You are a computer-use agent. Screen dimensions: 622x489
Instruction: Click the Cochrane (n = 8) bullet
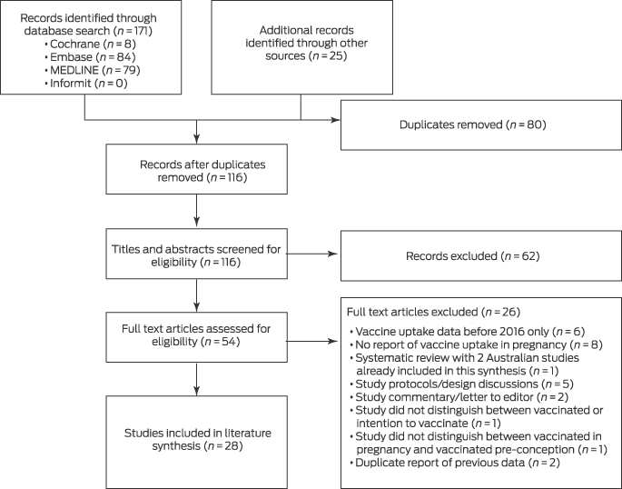coord(91,44)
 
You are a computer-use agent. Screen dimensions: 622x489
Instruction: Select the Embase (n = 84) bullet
coord(91,56)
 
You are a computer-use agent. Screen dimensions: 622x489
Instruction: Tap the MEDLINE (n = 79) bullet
coord(93,70)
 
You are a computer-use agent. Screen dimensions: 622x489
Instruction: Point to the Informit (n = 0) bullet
coord(86,83)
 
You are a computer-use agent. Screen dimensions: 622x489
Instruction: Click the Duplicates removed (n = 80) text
coord(473,125)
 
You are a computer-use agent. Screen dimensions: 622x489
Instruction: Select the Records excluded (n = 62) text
coord(473,256)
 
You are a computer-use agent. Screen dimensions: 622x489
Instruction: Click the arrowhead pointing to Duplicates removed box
coord(336,120)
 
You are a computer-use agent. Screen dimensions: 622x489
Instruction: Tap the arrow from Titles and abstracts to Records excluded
coord(311,254)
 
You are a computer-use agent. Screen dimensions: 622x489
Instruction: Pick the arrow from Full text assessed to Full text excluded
coord(311,341)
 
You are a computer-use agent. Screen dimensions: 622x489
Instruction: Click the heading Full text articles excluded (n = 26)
coord(433,312)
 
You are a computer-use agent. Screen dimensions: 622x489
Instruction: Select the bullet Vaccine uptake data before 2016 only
coord(468,332)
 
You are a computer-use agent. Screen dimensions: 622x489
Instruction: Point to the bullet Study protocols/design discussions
coord(462,384)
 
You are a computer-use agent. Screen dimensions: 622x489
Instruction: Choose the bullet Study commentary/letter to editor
coord(459,397)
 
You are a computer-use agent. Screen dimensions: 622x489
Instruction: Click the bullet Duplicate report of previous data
coord(455,463)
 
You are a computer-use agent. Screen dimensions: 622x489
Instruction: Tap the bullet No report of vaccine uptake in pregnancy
coord(477,344)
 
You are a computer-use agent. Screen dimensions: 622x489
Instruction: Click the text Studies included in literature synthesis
coord(198,439)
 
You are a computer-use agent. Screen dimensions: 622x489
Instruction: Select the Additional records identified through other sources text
coord(306,43)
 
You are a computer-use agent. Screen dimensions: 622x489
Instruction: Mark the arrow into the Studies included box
coord(197,379)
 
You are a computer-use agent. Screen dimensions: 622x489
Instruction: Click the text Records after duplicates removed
coord(202,171)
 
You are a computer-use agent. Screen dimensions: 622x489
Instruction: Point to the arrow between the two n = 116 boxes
coord(197,210)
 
